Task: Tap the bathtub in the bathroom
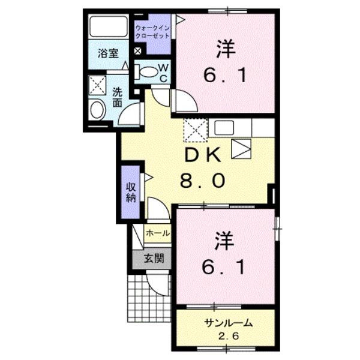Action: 108,28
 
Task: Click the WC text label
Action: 163,72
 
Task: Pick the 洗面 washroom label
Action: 118,98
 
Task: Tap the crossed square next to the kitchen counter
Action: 196,128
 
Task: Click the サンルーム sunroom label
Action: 226,323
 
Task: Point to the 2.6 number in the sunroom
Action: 226,335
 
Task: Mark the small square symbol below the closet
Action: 137,51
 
